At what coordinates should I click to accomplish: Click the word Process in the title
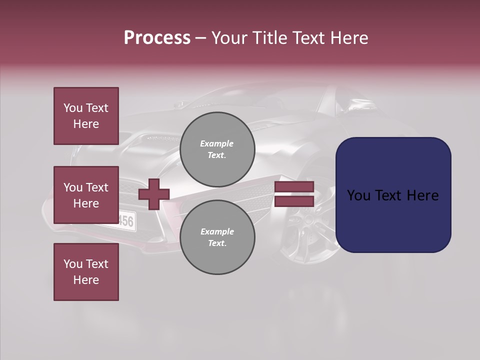point(157,38)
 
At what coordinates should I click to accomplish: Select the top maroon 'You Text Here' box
point(86,116)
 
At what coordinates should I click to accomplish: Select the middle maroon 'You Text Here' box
point(86,195)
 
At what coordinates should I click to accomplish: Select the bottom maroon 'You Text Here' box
point(86,272)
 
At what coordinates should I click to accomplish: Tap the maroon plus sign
point(154,194)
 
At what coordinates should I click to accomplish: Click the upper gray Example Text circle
point(217,149)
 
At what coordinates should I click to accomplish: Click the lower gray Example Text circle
point(217,237)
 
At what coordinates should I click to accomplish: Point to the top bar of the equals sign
point(294,187)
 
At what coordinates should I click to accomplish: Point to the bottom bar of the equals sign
point(294,201)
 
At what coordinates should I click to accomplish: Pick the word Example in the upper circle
point(217,143)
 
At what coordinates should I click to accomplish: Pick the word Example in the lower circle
point(217,231)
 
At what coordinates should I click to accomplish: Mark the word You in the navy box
point(358,195)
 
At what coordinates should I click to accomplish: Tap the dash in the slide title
point(201,38)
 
